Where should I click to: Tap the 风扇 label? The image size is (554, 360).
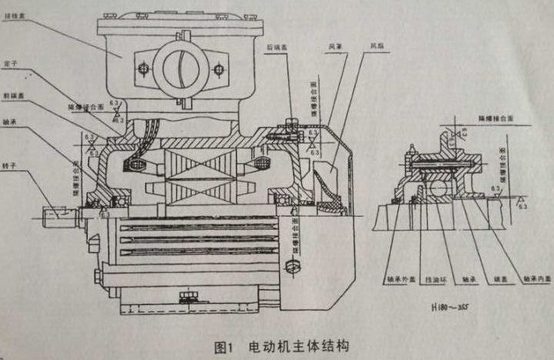pyautogui.click(x=378, y=46)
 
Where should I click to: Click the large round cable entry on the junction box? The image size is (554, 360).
pyautogui.click(x=181, y=69)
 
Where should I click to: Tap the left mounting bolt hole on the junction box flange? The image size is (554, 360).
pyautogui.click(x=142, y=70)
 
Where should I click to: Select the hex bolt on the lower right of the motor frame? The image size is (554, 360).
pyautogui.click(x=291, y=267)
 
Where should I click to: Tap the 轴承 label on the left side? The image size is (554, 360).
pyautogui.click(x=11, y=121)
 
